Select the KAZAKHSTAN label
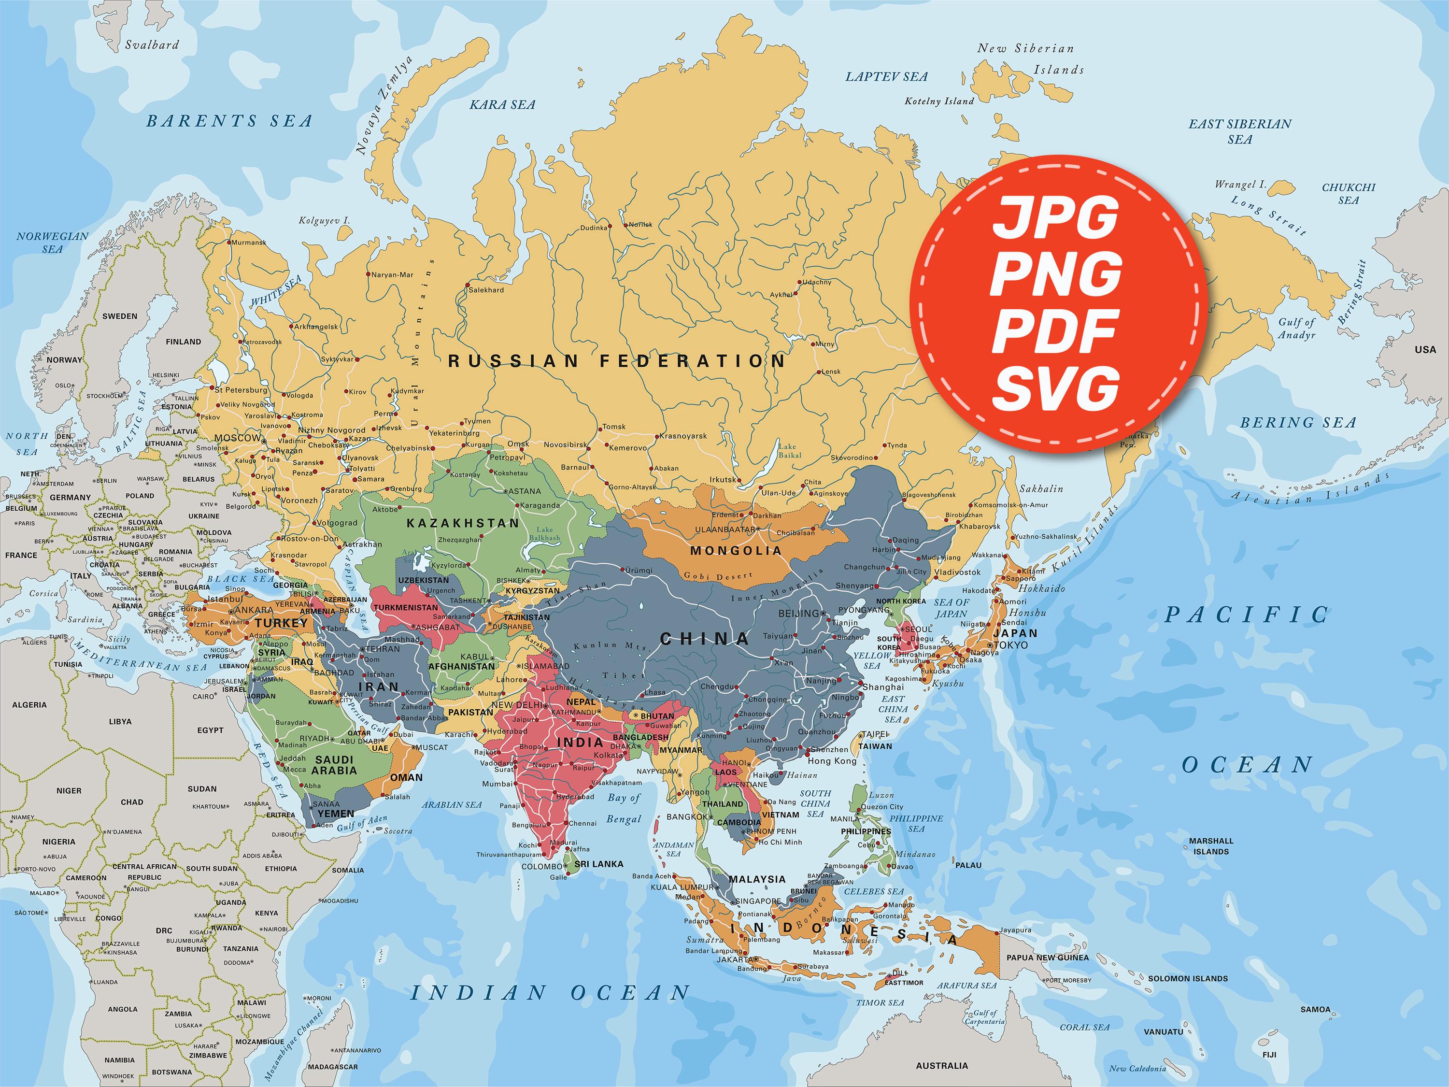pos(463,523)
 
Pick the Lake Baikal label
pos(789,451)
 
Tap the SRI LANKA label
pos(599,864)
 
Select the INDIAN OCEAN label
pos(550,993)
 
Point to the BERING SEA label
pos(1298,423)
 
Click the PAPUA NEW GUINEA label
pos(1048,957)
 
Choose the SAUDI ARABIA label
pos(334,765)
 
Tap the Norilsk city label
pos(640,225)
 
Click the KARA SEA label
pos(502,105)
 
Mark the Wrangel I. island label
pos(1240,185)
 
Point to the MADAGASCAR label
pos(332,1067)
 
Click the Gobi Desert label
pos(718,576)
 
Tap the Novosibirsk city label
pos(565,444)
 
